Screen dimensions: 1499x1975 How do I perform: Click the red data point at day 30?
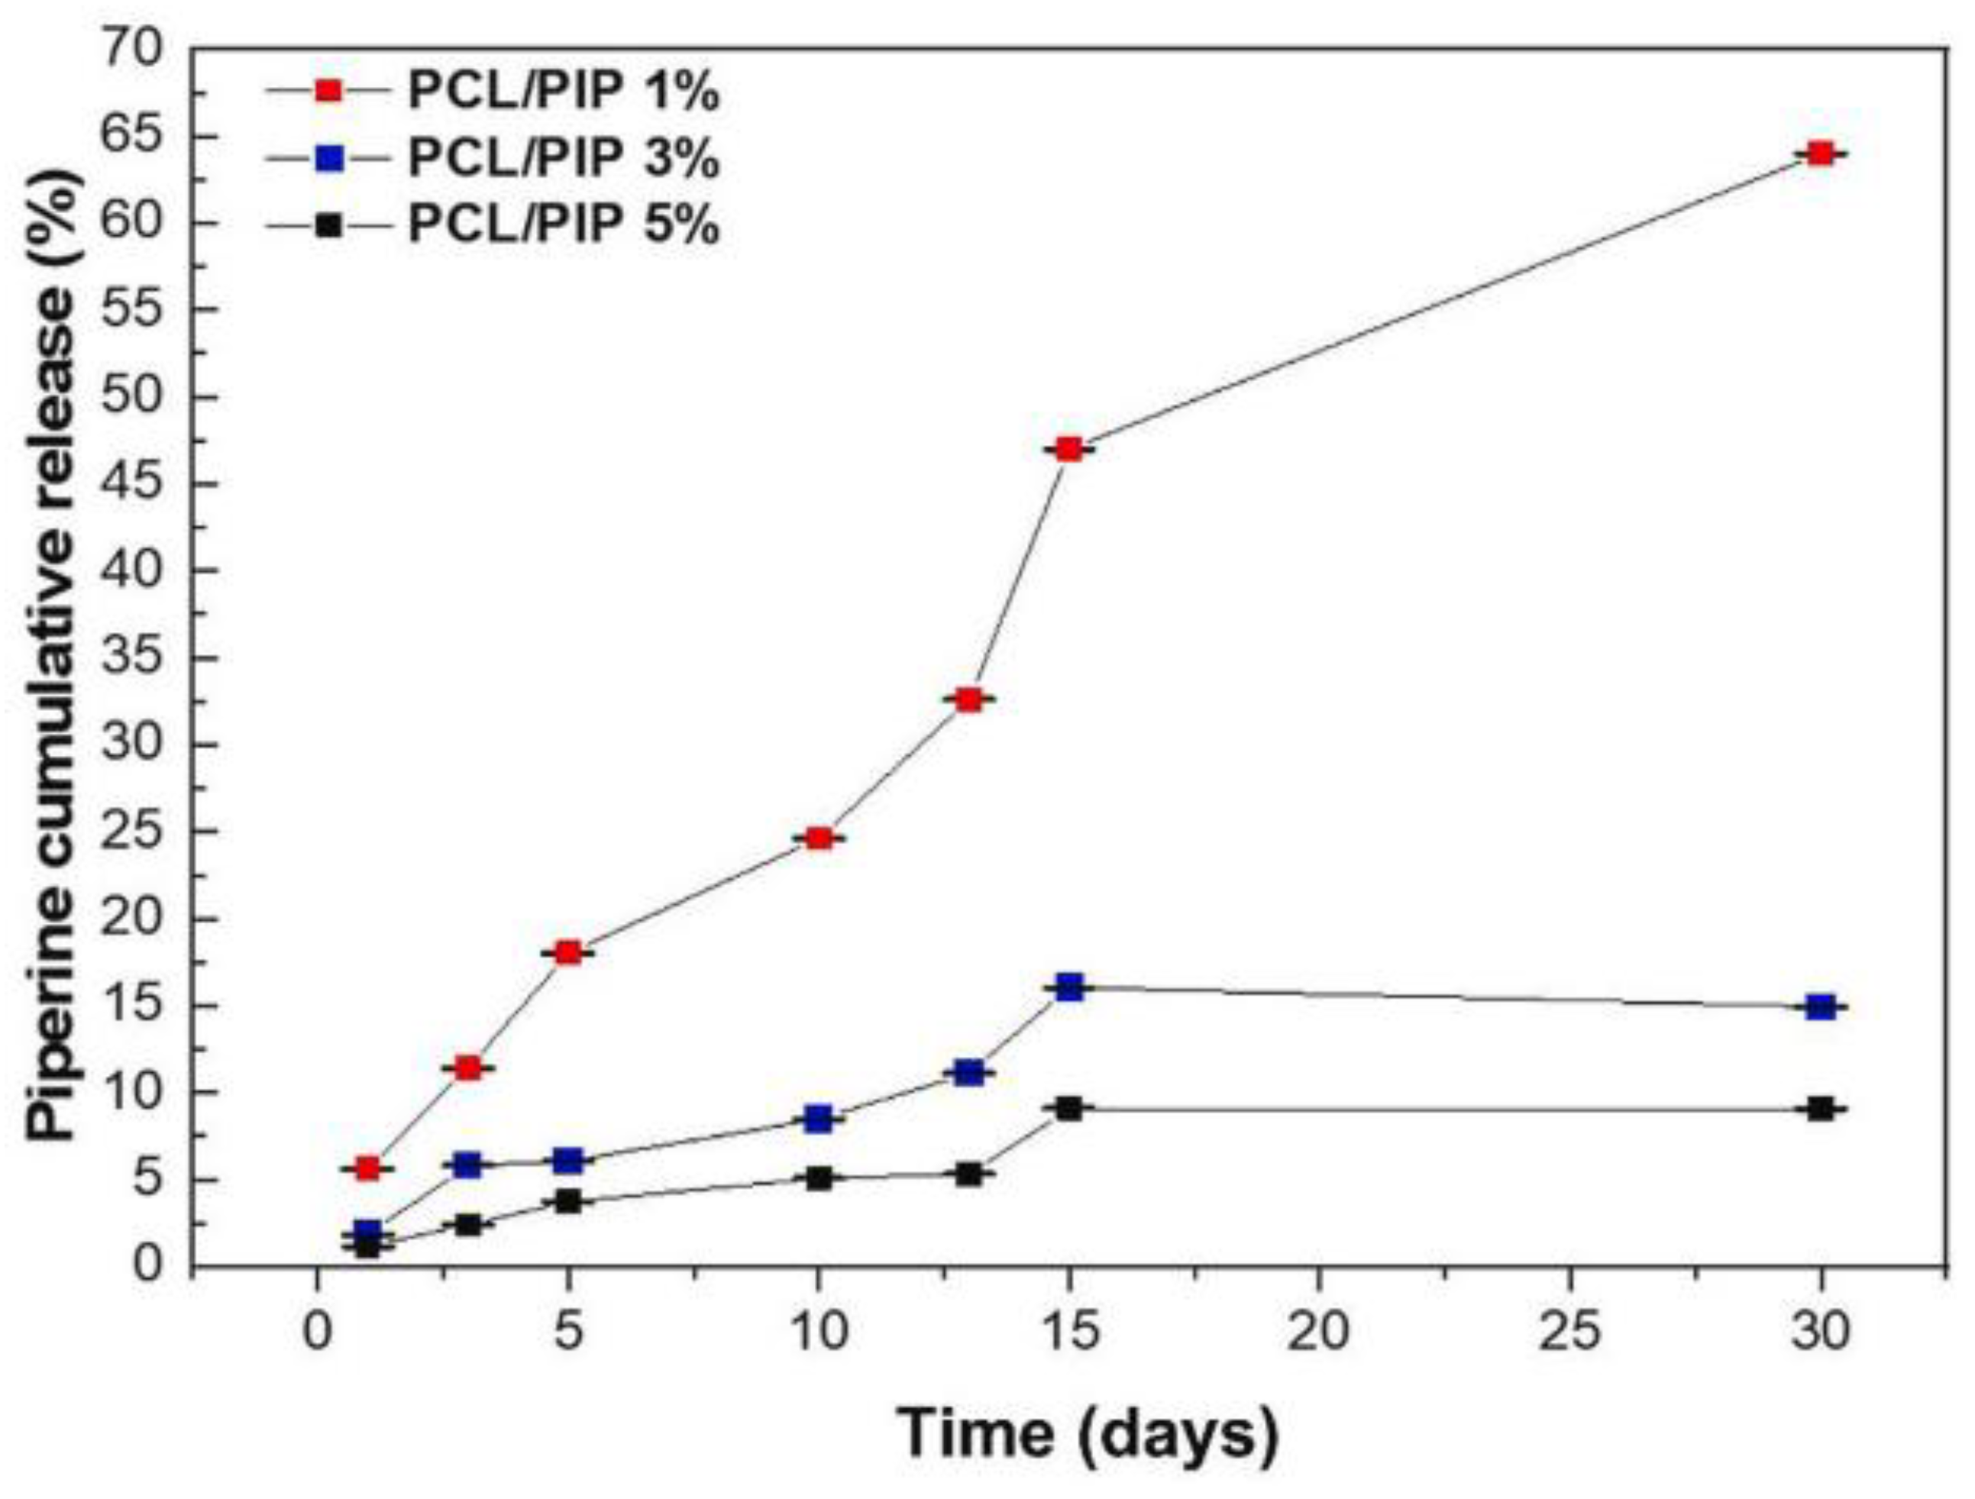[x=1820, y=153]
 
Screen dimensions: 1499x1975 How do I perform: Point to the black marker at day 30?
[x=1821, y=1109]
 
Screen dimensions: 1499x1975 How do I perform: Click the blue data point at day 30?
[x=1821, y=1007]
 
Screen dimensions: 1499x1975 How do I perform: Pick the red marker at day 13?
[x=968, y=700]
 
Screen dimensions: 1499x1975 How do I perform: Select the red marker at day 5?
[x=568, y=952]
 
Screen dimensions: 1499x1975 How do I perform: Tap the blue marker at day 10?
[x=818, y=1119]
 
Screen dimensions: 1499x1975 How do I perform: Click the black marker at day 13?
[x=968, y=1174]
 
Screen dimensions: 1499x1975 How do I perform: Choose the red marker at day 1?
[x=367, y=1168]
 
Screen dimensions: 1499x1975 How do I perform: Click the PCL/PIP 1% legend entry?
[x=564, y=91]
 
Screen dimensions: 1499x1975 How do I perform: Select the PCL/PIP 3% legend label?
[x=564, y=159]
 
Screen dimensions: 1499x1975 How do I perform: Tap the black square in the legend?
[x=331, y=226]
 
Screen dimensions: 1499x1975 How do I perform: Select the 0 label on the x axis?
[x=317, y=1334]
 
